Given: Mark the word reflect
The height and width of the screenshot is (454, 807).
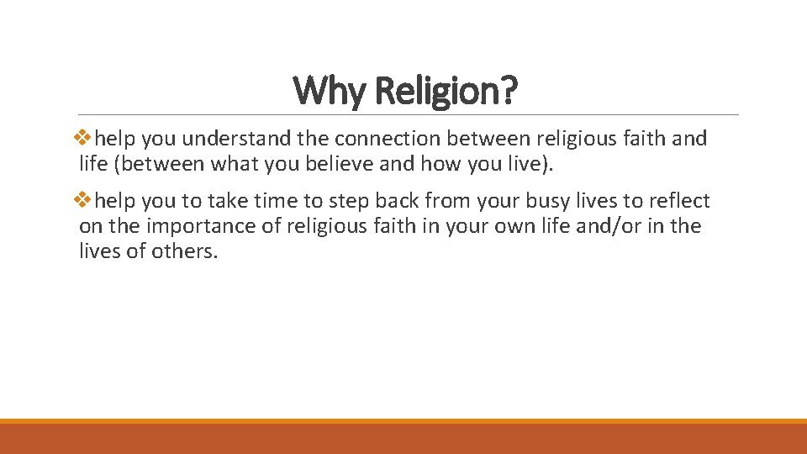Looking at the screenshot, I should click(678, 201).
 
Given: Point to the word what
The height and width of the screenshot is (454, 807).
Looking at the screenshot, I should click(234, 163).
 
